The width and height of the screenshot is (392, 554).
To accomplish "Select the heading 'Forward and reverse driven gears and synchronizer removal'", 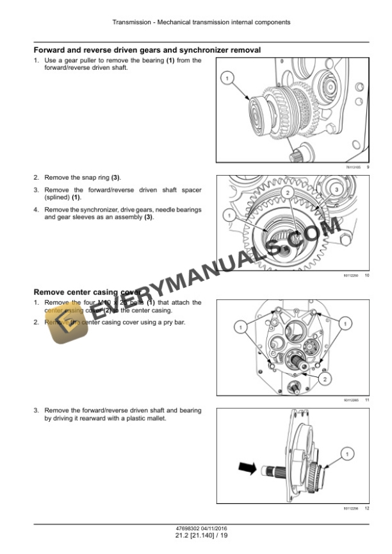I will (147, 50).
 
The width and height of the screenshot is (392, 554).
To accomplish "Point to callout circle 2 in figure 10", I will (288, 192).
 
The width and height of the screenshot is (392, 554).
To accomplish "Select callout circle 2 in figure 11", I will (326, 380).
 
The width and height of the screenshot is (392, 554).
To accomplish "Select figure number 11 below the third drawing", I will (366, 400).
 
